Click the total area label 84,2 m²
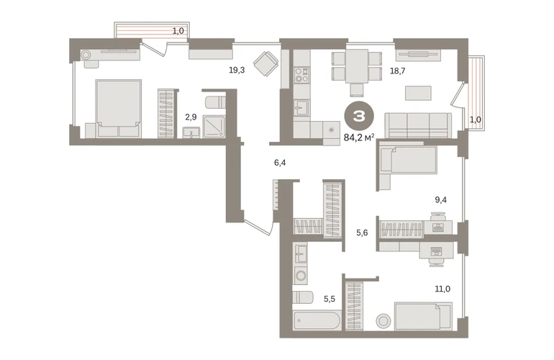click(x=359, y=138)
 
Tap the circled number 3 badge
click(x=359, y=116)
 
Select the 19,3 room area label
click(x=237, y=70)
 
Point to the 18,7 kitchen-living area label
click(x=397, y=71)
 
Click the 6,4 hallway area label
click(x=280, y=163)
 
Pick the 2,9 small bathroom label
click(x=191, y=117)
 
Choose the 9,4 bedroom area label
click(x=440, y=200)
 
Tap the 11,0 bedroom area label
click(x=442, y=289)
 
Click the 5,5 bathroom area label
click(x=330, y=300)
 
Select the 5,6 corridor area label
click(x=362, y=233)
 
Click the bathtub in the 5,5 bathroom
click(x=317, y=320)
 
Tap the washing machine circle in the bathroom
click(x=301, y=275)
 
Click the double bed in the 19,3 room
click(x=119, y=109)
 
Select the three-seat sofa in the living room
click(x=418, y=125)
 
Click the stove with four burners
click(x=301, y=75)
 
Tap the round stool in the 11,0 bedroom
click(x=383, y=321)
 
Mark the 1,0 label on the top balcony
click(x=178, y=31)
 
